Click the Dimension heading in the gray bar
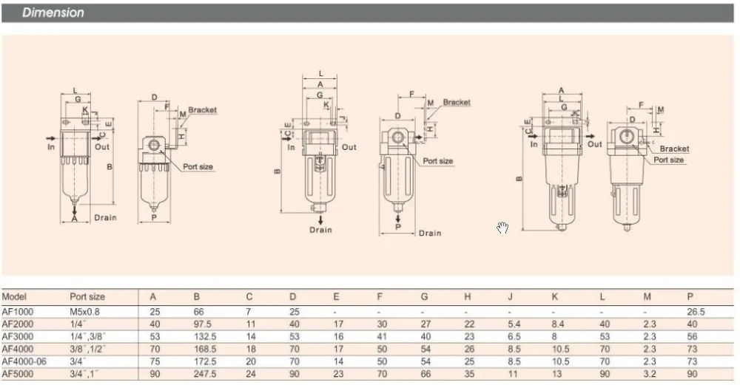coord(53,13)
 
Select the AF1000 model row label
coord(18,312)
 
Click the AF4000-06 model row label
coord(24,361)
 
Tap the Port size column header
coord(87,297)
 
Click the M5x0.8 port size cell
coord(84,312)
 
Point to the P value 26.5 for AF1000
coord(696,312)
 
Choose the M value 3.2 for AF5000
coord(650,374)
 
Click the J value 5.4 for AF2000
coord(514,324)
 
